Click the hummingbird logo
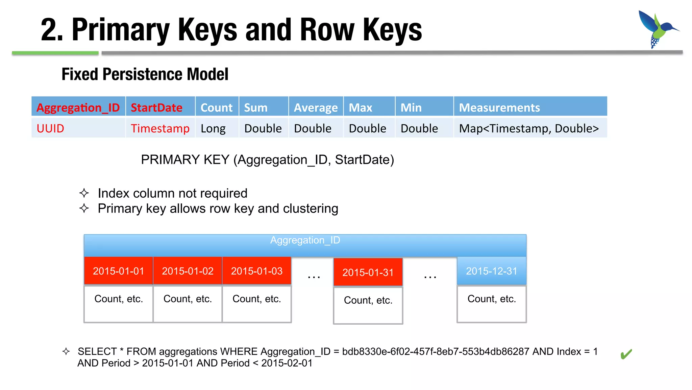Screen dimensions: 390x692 (x=657, y=29)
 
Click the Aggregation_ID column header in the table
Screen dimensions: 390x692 (x=78, y=107)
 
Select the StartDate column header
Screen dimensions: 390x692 (x=156, y=107)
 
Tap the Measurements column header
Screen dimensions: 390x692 (x=499, y=107)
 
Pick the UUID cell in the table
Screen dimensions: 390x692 (x=50, y=128)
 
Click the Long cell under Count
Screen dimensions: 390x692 (x=213, y=128)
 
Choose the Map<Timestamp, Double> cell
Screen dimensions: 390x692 (x=528, y=128)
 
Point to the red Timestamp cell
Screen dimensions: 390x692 (x=160, y=128)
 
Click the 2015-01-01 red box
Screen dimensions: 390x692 (x=118, y=271)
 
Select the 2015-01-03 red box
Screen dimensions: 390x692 (x=256, y=271)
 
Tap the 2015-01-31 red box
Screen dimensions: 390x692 (x=368, y=272)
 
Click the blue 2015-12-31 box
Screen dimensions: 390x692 (x=491, y=271)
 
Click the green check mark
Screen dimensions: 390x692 (x=626, y=354)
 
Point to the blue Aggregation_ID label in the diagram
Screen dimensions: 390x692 (x=305, y=240)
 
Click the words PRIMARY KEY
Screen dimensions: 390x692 (x=185, y=159)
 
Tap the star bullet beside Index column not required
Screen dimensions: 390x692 (x=84, y=193)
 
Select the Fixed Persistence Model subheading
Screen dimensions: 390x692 (x=145, y=74)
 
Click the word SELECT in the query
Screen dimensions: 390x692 (x=97, y=351)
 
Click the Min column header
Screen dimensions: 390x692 (x=411, y=107)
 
